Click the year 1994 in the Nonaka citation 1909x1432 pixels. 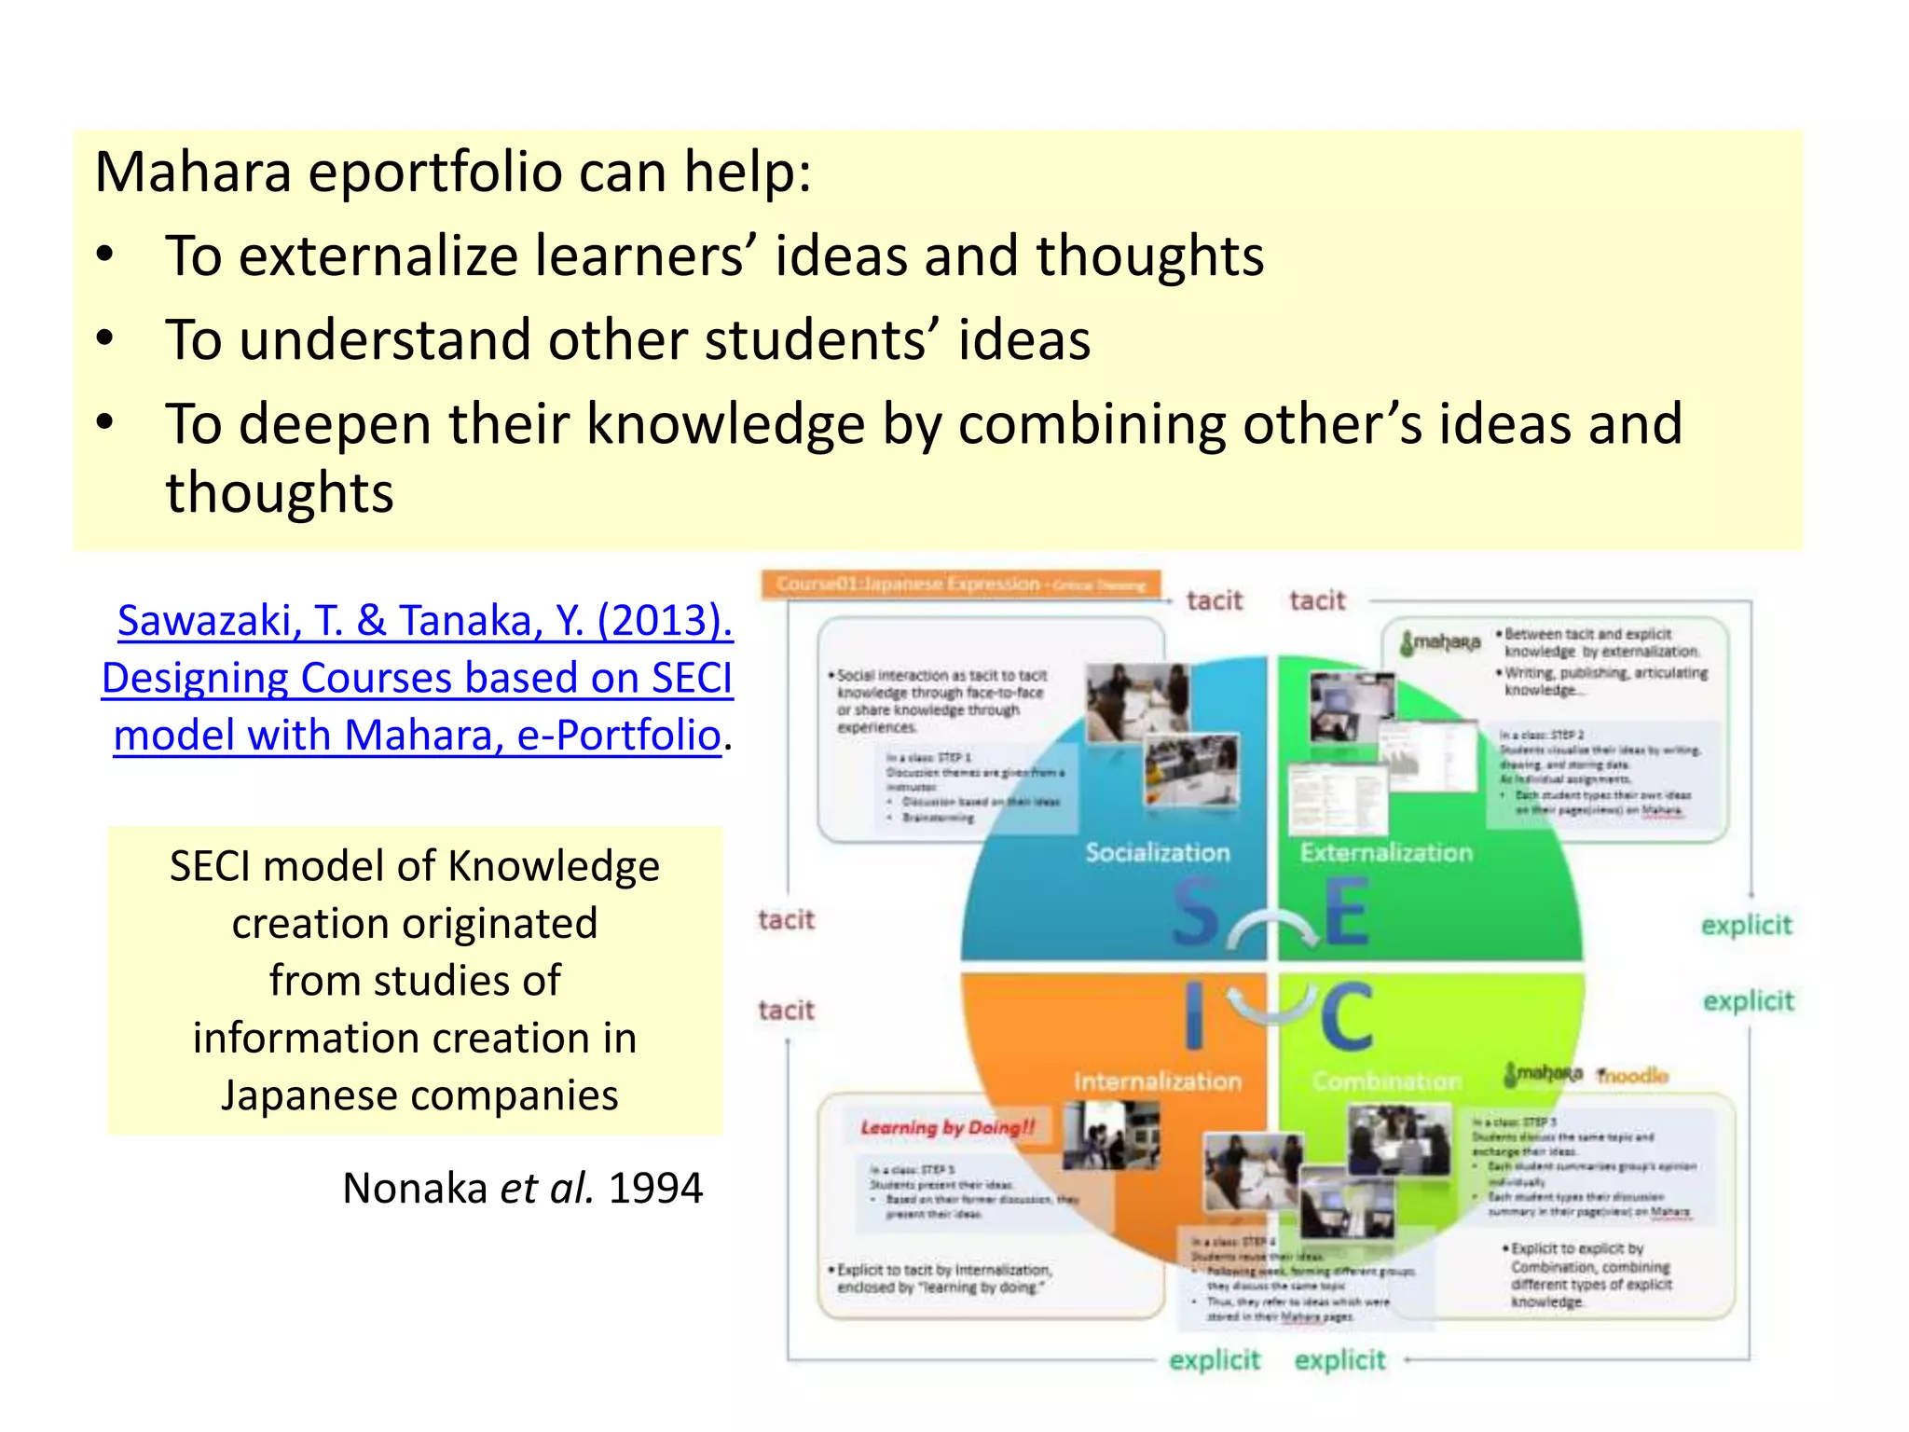[655, 1189]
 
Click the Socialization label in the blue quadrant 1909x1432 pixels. [1157, 852]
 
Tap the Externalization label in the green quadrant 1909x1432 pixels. [1386, 852]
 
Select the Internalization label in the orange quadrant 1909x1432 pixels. [1157, 1081]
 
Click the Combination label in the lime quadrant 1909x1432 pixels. [1386, 1081]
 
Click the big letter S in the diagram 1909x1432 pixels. [1195, 912]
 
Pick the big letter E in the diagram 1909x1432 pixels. [1346, 912]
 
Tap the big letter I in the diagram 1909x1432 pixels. [1194, 1016]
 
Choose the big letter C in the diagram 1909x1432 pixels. [1346, 1016]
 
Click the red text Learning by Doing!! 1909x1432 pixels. [947, 1128]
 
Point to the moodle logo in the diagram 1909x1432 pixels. [1632, 1076]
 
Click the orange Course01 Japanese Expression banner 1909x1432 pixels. [960, 585]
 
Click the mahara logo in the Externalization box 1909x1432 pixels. [1441, 642]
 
